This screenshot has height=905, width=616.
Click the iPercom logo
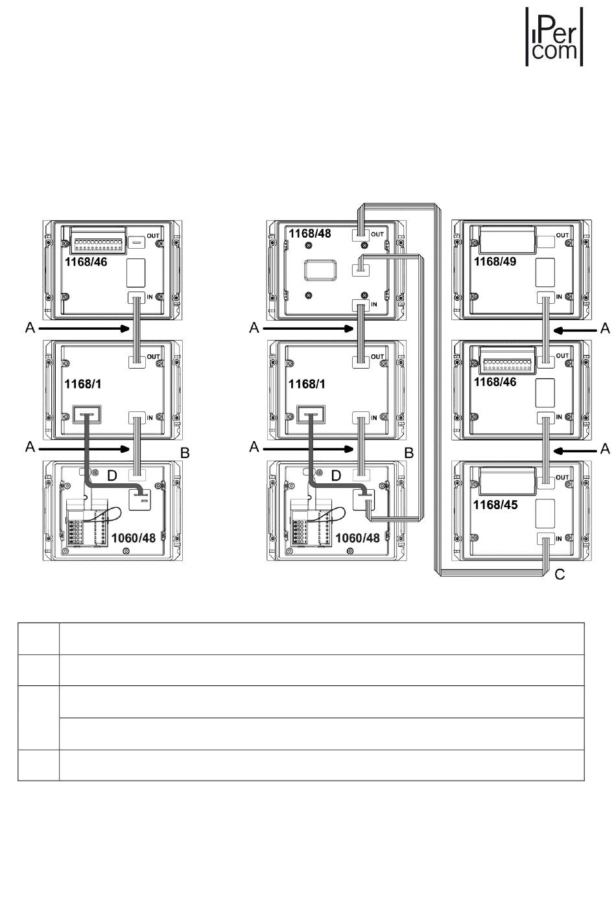[554, 36]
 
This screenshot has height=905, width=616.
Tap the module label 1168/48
[309, 233]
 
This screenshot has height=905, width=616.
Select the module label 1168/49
[495, 262]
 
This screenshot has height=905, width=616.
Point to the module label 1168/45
[495, 505]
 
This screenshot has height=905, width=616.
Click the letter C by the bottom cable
[560, 574]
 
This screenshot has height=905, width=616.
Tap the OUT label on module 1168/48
[377, 235]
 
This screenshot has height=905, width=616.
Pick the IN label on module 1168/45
[558, 538]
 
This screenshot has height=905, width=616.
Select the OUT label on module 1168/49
[562, 235]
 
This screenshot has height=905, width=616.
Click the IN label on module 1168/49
[558, 297]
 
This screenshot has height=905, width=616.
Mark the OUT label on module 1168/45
[562, 477]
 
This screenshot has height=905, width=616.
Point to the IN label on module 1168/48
[373, 304]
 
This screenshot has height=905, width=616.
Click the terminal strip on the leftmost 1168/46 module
[98, 242]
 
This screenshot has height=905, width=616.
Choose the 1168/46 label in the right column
[495, 382]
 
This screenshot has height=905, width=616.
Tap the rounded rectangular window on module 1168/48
[320, 270]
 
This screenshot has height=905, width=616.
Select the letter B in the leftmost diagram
[185, 453]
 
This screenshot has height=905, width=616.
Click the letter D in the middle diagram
[336, 476]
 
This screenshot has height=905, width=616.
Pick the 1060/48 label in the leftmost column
[134, 538]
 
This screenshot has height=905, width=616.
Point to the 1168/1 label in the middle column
[307, 384]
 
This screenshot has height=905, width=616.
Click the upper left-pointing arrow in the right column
[575, 330]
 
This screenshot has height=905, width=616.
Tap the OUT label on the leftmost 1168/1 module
[153, 357]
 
